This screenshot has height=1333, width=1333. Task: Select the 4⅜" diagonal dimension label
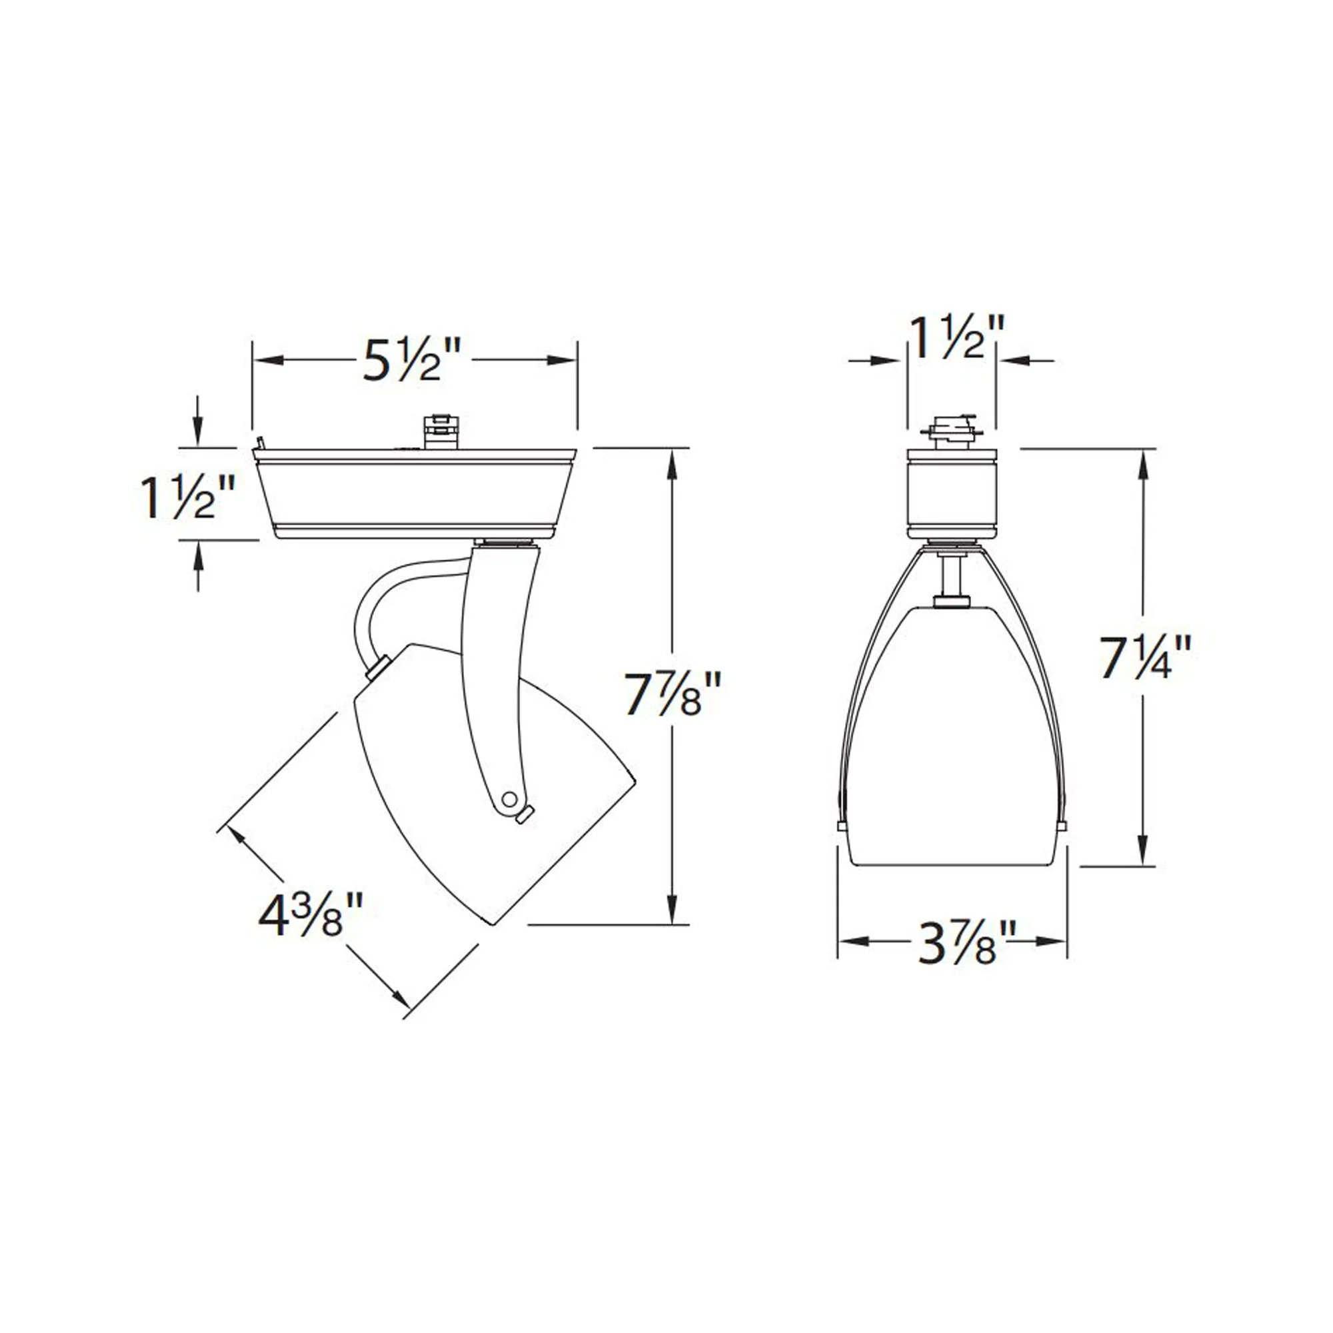[x=310, y=914]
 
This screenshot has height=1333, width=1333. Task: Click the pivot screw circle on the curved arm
[x=510, y=798]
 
